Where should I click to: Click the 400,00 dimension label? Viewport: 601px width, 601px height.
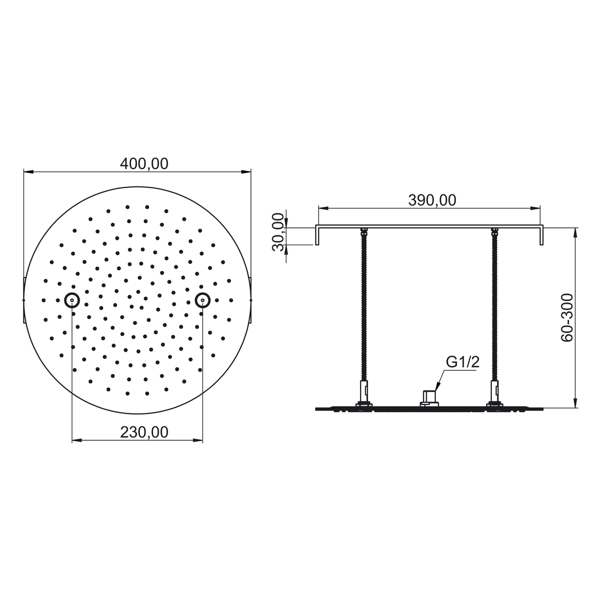tap(144, 164)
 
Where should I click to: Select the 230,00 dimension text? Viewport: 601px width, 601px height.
tap(144, 432)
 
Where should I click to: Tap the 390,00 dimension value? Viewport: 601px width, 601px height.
tap(432, 200)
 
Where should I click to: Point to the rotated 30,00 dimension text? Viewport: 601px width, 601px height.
tap(278, 232)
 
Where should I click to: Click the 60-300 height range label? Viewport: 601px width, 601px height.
tap(567, 318)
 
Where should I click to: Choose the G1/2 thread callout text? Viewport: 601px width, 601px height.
tap(463, 362)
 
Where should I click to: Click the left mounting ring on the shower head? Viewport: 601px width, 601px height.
tap(72, 300)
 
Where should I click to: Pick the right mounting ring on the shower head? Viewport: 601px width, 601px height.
tap(203, 300)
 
